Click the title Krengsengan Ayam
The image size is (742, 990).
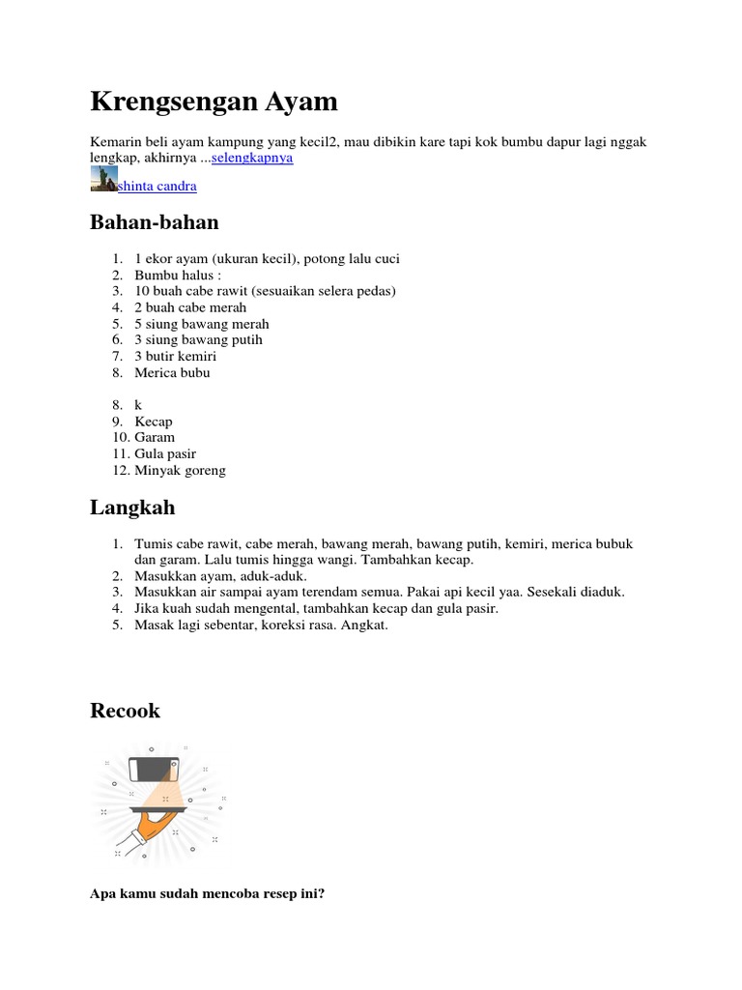214,101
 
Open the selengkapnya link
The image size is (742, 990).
252,158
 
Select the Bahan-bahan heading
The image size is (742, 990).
155,222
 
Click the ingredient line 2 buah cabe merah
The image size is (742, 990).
190,307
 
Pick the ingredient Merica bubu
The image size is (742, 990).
172,372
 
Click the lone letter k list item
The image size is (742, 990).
138,405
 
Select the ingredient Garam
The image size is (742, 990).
155,437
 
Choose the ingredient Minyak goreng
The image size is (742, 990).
180,470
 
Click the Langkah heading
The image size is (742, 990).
132,508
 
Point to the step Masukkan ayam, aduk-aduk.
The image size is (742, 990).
220,575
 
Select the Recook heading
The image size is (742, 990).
125,712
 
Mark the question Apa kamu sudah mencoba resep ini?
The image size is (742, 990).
208,894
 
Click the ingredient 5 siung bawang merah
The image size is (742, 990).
202,324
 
